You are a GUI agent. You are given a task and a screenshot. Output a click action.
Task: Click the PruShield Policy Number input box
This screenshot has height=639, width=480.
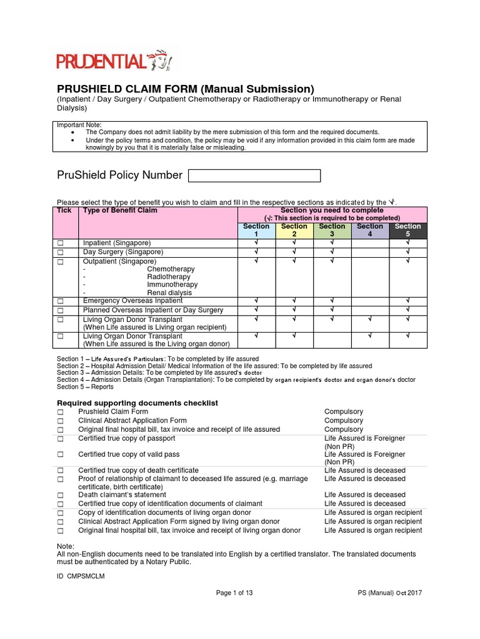pos(254,175)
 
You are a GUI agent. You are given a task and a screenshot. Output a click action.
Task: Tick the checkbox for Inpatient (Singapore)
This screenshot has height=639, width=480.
pos(61,243)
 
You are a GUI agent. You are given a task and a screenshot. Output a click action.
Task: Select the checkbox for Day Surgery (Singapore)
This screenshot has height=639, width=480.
pos(61,252)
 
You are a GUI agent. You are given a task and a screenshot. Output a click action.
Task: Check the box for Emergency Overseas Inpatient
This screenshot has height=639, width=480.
pos(61,301)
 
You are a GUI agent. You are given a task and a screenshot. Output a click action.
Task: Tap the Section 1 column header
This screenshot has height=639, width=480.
pos(256,230)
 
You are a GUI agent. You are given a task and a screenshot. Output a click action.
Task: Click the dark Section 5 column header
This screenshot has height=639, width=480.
pos(407,230)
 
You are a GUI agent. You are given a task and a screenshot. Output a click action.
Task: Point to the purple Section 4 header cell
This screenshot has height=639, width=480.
pos(370,230)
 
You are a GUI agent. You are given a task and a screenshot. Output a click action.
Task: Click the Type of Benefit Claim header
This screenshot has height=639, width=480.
pos(121,211)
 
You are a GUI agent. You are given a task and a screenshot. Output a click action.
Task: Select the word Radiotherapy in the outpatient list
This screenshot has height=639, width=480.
pos(169,277)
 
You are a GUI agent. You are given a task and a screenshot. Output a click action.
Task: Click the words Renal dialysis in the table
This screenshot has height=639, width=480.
pos(169,293)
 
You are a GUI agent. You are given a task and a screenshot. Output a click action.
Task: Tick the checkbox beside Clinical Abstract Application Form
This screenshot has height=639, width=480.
pos(61,421)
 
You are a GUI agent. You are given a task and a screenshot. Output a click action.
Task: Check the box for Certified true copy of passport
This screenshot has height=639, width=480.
pos(61,439)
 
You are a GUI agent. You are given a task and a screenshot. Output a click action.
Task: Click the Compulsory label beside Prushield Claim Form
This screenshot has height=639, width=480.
pos(343,412)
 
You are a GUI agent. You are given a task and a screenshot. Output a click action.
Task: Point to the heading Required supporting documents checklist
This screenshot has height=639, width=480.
pos(137,403)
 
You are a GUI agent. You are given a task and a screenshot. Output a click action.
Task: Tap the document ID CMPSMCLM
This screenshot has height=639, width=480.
pos(81,577)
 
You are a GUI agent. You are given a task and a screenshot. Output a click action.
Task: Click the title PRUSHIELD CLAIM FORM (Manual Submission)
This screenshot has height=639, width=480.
pos(186,89)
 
